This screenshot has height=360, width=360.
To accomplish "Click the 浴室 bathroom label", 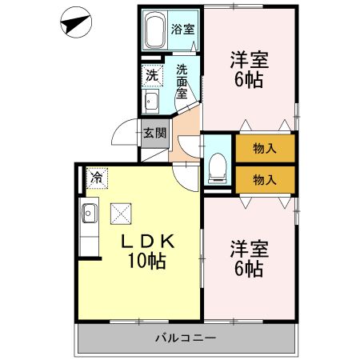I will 183,30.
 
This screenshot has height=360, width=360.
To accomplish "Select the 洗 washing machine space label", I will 151,76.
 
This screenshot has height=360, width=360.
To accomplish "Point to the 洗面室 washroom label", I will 182,80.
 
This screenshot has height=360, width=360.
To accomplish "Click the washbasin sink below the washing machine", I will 150,101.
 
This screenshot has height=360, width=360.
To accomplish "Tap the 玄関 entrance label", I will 154,134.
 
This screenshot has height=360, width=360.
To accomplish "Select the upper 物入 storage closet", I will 266,148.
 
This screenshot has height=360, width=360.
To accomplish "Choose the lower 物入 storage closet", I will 266,179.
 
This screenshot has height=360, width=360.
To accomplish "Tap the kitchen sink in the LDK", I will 88,214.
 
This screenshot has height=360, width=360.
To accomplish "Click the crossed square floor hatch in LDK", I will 122,212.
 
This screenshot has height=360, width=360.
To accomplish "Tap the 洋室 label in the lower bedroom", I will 250,247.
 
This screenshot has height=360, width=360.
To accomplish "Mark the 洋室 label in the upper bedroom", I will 249,59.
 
